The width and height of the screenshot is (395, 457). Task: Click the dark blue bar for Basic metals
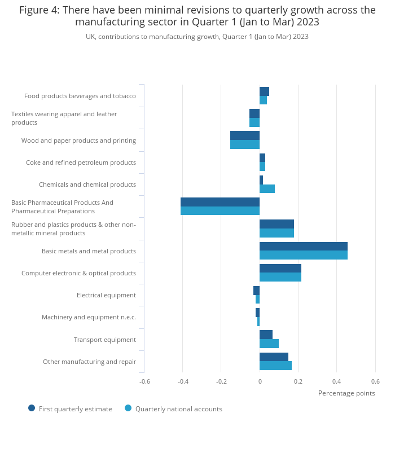tap(304, 247)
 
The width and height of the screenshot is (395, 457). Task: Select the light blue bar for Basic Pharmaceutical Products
tap(220, 210)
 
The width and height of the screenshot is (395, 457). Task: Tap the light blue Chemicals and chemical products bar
tap(267, 188)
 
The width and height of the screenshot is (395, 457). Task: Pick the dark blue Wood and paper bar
tap(245, 135)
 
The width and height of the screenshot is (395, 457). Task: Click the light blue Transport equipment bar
tap(269, 344)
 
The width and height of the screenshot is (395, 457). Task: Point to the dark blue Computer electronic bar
tap(280, 269)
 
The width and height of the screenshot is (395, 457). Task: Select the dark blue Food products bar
tap(265, 91)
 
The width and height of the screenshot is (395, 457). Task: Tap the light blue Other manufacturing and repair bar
tap(275, 366)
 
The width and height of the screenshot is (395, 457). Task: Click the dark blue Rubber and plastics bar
tap(276, 224)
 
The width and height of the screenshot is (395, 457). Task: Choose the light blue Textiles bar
tap(254, 122)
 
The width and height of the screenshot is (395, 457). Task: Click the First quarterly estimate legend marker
tap(32, 408)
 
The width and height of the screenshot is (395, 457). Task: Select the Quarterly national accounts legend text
tap(179, 409)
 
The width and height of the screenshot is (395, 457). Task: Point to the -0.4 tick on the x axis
tap(183, 381)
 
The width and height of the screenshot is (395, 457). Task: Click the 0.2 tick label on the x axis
tap(298, 381)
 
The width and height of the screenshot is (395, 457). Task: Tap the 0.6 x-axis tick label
tap(375, 381)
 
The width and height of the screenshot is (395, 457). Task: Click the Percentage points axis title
tap(346, 393)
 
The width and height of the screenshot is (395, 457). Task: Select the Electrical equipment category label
tap(106, 295)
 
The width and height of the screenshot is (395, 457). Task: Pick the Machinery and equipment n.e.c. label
tap(89, 317)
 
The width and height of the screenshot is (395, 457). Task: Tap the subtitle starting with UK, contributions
tap(197, 37)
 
